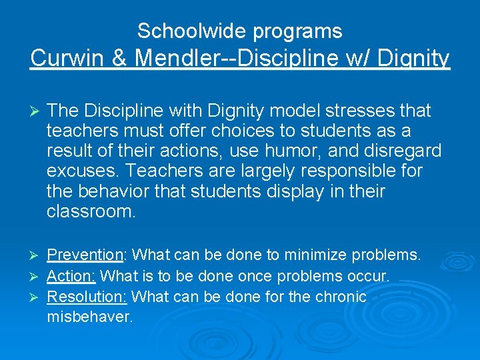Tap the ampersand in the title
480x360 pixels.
[x=120, y=59]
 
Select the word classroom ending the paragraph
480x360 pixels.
[x=91, y=213]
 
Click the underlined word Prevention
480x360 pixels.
[x=85, y=255]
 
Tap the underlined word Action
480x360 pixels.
[x=71, y=276]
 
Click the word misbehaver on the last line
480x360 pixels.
[x=90, y=317]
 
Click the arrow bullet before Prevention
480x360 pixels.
[x=37, y=255]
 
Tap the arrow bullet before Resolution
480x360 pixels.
[x=37, y=297]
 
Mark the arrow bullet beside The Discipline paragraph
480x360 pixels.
[x=37, y=111]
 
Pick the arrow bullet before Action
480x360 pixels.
[x=37, y=276]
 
